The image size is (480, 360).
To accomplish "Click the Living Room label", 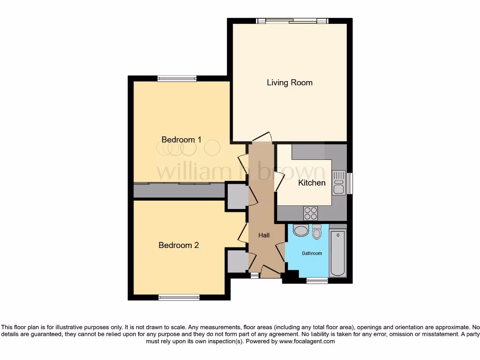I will coord(289,82).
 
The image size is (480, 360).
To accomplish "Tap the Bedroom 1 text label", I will coord(181,139).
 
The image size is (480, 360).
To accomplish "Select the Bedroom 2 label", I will coord(179,245).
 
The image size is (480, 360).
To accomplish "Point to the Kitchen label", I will coord(312,182).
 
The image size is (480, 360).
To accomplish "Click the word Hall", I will coord(264,235).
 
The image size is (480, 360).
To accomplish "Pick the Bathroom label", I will coord(312,254).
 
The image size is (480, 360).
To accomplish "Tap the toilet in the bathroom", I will coord(317,232).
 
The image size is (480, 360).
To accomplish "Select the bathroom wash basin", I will coord(300,230).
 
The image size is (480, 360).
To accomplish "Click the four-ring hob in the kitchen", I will coord(310,213).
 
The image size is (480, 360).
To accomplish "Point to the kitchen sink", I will coord(338,183).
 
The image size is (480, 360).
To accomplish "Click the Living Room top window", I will coord(292,21).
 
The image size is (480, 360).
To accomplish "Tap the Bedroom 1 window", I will coord(177,78).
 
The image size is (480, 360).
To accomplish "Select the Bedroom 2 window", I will coord(179,297).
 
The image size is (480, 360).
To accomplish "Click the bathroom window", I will coord(317,280).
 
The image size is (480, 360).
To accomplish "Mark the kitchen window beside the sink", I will coord(349,183).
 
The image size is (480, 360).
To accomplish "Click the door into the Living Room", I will coord(262,137).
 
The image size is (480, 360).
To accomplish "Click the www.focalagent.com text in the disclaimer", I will coord(307,342).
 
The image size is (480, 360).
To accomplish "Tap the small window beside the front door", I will coord(254,276).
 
